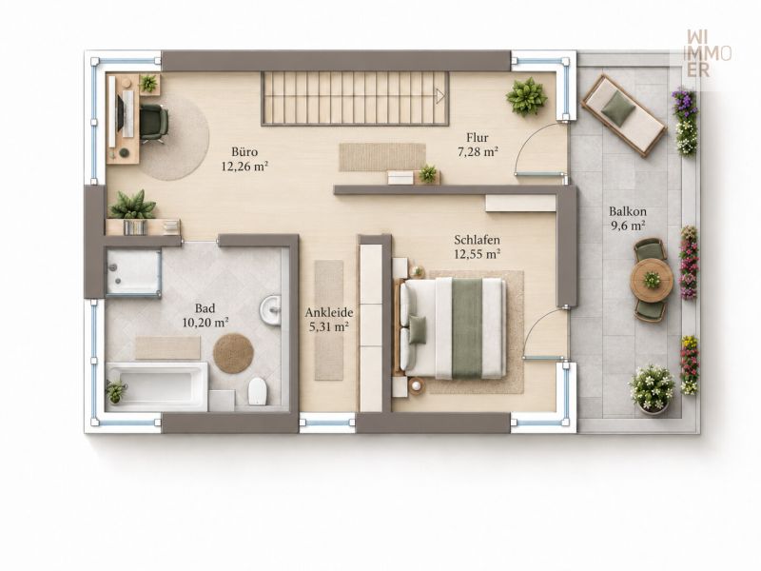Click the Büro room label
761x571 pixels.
click(244, 152)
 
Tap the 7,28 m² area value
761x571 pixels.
click(478, 152)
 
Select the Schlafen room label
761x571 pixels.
click(478, 240)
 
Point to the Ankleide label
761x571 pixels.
click(328, 313)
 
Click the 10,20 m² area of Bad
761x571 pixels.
click(205, 322)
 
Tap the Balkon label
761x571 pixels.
click(628, 211)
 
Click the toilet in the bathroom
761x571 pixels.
click(258, 391)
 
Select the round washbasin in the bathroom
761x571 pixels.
click(270, 309)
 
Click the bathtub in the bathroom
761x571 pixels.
click(157, 386)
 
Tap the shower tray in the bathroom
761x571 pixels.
click(133, 272)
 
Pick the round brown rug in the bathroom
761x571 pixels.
click(233, 353)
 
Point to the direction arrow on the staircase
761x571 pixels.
click(440, 97)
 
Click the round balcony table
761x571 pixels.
click(652, 280)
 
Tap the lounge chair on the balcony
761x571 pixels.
click(624, 116)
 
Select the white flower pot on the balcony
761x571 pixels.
click(652, 389)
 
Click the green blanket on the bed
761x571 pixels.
click(467, 328)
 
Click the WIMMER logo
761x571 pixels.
click(709, 53)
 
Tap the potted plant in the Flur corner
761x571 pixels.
click(526, 97)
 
